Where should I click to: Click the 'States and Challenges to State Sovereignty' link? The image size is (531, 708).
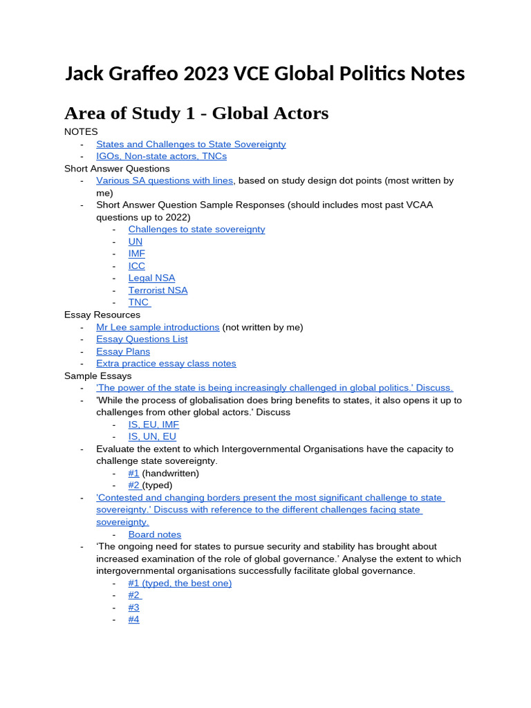(191, 144)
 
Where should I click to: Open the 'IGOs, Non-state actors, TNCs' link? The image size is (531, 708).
(161, 156)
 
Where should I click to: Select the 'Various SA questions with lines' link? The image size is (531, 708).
(165, 180)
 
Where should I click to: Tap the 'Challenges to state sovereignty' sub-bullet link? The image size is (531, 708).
(196, 229)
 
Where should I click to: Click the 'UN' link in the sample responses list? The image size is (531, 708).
(136, 241)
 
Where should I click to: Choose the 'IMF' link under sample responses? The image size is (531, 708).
(137, 254)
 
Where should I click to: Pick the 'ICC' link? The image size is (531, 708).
(137, 265)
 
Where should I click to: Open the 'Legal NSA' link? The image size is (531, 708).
(151, 278)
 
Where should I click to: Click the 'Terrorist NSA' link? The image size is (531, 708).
(158, 290)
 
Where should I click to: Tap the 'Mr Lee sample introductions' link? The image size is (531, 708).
(158, 327)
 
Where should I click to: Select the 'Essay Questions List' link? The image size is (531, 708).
(142, 339)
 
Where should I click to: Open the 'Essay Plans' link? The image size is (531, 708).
(123, 351)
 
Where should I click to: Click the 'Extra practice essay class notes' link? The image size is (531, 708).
(166, 363)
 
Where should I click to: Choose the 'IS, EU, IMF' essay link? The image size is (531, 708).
(153, 425)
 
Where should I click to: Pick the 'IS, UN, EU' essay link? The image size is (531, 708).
(152, 436)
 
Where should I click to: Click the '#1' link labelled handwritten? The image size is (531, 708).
(133, 473)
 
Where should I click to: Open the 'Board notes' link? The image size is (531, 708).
(155, 534)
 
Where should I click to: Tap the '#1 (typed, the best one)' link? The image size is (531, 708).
(180, 583)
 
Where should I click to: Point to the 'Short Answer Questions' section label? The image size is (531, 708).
(117, 168)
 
